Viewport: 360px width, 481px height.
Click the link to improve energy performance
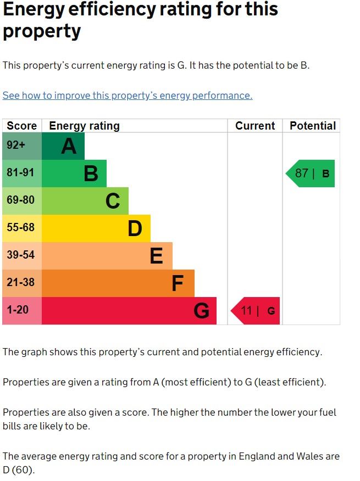(x=128, y=96)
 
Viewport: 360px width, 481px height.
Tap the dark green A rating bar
(x=63, y=146)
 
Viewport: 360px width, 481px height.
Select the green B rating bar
(x=74, y=174)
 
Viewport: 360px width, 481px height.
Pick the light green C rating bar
(x=85, y=201)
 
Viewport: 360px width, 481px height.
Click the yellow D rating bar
(x=96, y=228)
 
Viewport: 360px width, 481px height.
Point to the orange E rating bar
(x=107, y=256)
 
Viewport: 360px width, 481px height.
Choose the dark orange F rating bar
(x=118, y=283)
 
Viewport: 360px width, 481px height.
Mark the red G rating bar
(x=129, y=311)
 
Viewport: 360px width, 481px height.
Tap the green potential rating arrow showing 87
(x=311, y=174)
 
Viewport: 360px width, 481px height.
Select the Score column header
(x=22, y=126)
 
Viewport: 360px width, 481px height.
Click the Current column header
(x=255, y=126)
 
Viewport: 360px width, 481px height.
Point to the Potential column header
(x=313, y=126)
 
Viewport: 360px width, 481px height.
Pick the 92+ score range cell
(x=22, y=146)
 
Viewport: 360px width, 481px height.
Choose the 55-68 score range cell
(x=22, y=228)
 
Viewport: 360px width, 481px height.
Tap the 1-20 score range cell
(x=22, y=311)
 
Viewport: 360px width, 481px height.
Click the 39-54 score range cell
(x=22, y=256)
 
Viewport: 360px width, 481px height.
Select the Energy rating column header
(x=84, y=126)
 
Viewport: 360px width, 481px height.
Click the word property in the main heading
(x=42, y=31)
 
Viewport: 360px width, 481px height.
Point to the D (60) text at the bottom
(x=19, y=471)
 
